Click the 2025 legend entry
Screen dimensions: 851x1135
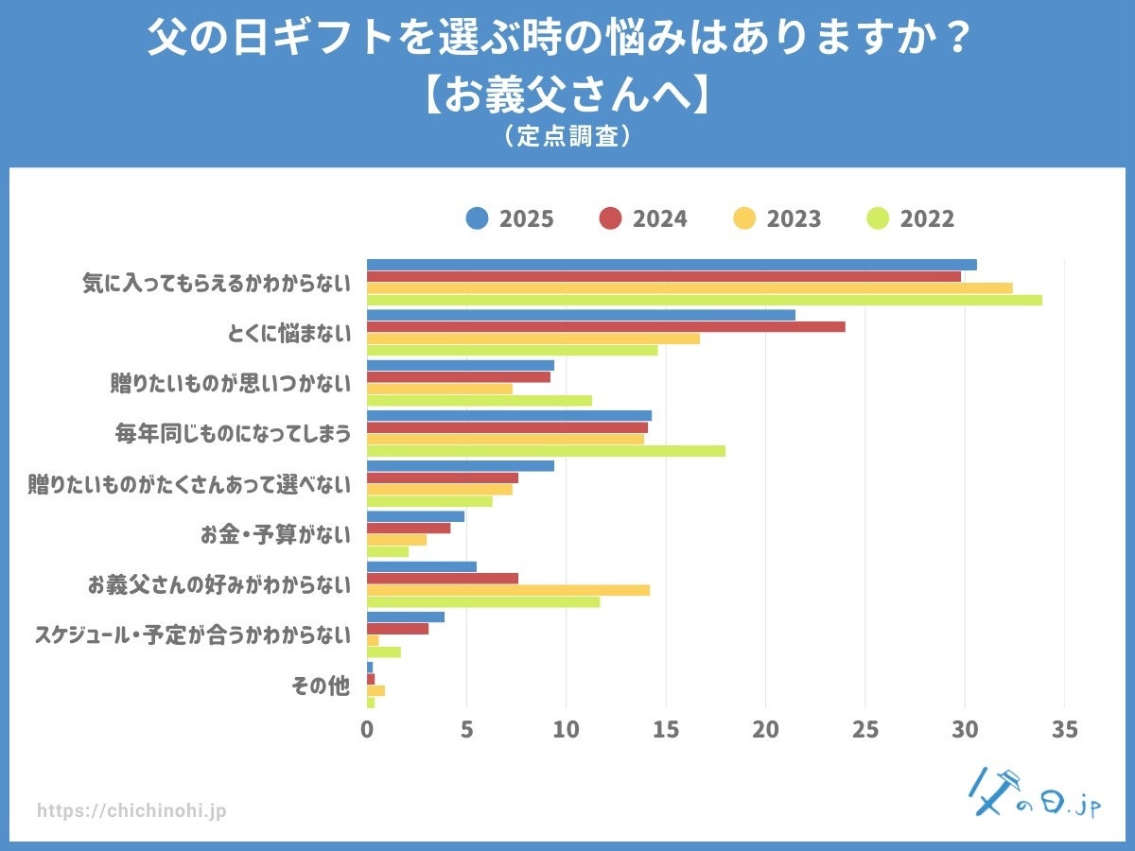(510, 219)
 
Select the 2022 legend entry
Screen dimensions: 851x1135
(911, 219)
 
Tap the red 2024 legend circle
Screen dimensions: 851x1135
(610, 219)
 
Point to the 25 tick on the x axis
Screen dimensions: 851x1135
(865, 729)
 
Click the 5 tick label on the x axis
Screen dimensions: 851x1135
(466, 729)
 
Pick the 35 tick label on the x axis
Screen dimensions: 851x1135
(1065, 729)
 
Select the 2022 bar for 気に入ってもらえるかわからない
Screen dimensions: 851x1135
(704, 300)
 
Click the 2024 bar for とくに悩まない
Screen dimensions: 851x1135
(605, 326)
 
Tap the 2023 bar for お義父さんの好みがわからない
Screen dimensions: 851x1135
(508, 590)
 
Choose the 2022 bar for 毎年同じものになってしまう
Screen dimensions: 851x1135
(546, 451)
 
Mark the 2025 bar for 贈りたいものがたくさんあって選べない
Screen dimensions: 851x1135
(461, 465)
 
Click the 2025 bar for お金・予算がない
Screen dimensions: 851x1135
(415, 516)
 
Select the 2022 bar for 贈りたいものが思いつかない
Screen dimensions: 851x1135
(479, 400)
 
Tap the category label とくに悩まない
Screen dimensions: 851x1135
(288, 333)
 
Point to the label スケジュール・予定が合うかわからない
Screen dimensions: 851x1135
(192, 635)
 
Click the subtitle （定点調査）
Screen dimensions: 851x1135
(567, 136)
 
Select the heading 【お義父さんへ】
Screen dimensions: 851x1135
(567, 96)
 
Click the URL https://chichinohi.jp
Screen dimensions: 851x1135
(131, 811)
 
